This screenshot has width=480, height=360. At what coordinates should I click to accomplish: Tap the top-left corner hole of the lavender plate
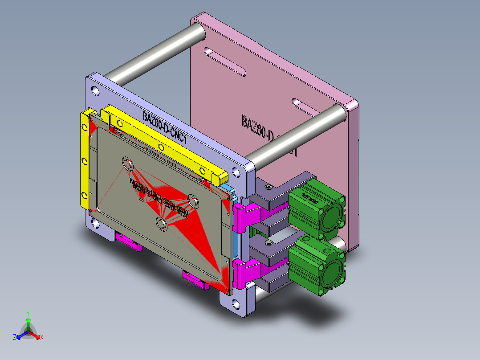click(x=95, y=91)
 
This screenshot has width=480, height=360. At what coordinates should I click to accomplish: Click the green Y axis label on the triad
click(x=28, y=313)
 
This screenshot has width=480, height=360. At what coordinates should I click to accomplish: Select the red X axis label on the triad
click(x=42, y=337)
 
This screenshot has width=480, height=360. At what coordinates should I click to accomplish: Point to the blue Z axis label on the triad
click(x=15, y=337)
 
